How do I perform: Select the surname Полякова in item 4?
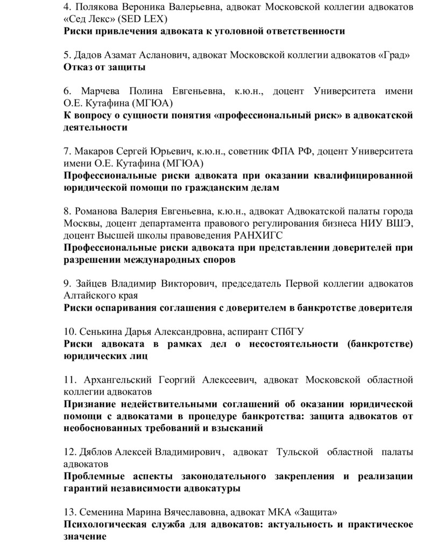[94, 7]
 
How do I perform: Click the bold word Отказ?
[79, 67]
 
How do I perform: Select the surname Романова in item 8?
[99, 211]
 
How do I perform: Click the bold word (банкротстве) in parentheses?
[380, 344]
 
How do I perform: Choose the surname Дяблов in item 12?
[96, 452]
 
